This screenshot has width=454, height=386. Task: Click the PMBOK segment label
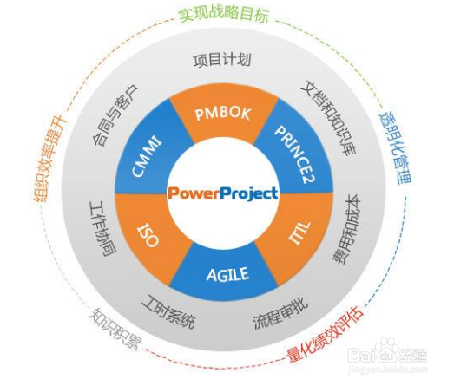coord(222,114)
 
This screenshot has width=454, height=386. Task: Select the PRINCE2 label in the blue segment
coord(294,154)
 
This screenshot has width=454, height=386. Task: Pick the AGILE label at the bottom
coord(227,274)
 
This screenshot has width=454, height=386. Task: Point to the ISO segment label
coord(148,235)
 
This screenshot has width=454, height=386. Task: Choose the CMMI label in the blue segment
coord(146,156)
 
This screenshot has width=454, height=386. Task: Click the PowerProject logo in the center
coord(223,193)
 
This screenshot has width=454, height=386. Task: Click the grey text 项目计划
coord(222,60)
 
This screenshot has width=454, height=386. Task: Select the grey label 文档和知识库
coord(328,118)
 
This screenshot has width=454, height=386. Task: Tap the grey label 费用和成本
coord(346,229)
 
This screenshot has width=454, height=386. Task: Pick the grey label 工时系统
coord(168,312)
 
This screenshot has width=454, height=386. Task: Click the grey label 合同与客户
coord(115,115)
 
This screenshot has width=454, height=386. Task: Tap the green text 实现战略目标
coord(224,14)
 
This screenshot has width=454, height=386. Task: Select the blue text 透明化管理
coord(395,147)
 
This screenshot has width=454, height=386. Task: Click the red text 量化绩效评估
coord(325,335)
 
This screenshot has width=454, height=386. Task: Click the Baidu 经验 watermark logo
coord(387,356)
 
